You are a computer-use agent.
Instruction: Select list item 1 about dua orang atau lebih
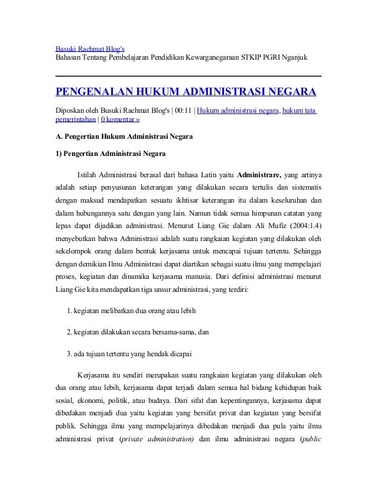(131, 310)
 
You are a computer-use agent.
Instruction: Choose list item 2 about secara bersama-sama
(138, 332)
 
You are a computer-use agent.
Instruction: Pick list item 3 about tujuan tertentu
(129, 354)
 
